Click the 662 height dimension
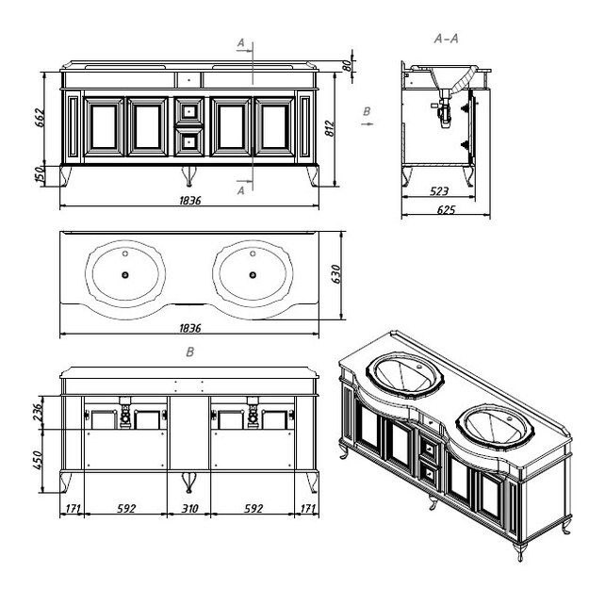click(x=40, y=118)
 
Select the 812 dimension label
click(x=330, y=128)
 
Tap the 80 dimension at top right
click(x=347, y=66)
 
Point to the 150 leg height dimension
click(x=40, y=175)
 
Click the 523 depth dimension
click(x=439, y=191)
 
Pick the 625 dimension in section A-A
click(x=447, y=209)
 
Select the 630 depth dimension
click(x=336, y=274)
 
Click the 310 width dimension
click(x=189, y=509)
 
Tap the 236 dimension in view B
click(x=38, y=412)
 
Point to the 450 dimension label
click(x=38, y=460)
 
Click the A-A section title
click(x=447, y=39)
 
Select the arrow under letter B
click(x=367, y=123)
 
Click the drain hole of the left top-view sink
click(x=124, y=275)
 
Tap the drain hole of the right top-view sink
click(x=253, y=275)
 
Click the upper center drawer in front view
click(x=189, y=111)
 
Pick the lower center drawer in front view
click(x=189, y=142)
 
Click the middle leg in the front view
click(x=189, y=175)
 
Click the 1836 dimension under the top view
click(x=190, y=328)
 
